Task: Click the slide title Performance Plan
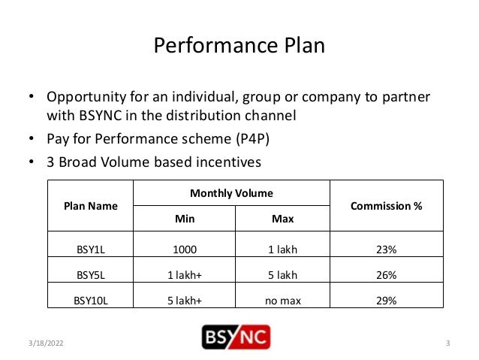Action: (239, 47)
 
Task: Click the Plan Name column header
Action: (90, 205)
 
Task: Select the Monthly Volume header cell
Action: (231, 193)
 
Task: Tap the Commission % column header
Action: (387, 205)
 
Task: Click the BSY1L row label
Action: (90, 249)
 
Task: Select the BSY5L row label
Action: (90, 275)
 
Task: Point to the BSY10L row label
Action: (90, 301)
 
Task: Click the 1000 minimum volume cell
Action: (184, 249)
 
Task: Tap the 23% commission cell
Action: (387, 249)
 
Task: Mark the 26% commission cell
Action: (387, 275)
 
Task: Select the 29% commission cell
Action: (387, 301)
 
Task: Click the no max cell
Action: (282, 301)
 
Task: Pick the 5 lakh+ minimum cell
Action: (184, 301)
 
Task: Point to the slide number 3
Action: (447, 344)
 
